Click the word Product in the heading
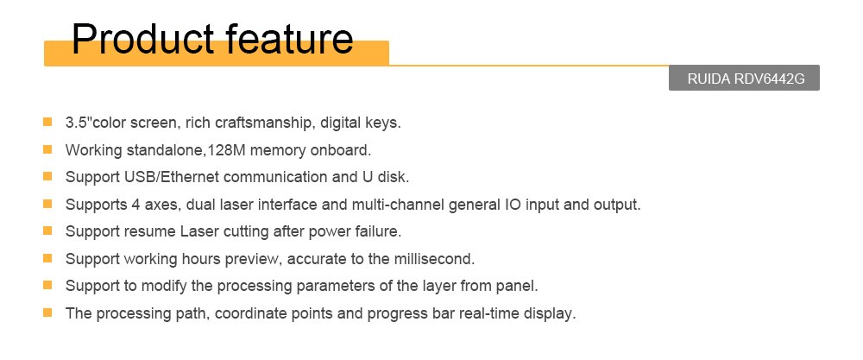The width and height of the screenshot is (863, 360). [x=142, y=39]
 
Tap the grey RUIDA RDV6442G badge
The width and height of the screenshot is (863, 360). [x=744, y=79]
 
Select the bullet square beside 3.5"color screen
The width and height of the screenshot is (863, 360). [x=47, y=122]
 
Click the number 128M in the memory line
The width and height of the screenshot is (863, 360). [x=225, y=149]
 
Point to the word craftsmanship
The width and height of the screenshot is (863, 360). [x=251, y=123]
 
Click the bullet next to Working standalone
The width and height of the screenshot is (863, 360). [x=47, y=149]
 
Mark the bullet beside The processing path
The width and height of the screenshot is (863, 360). [x=47, y=313]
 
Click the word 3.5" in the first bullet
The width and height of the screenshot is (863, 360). [x=79, y=123]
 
